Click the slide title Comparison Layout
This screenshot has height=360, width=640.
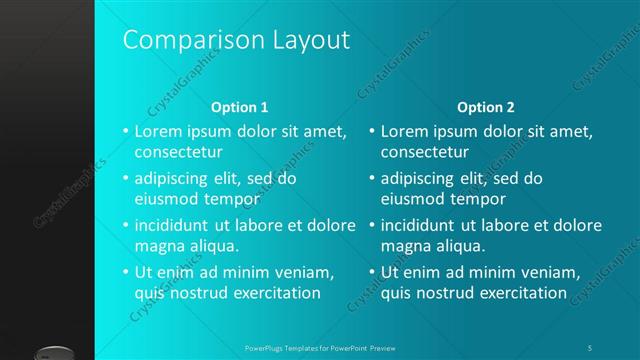(x=236, y=40)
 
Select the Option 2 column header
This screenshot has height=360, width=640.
(x=486, y=107)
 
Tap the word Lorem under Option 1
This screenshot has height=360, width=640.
(x=157, y=131)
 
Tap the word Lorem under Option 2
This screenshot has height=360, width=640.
(x=403, y=131)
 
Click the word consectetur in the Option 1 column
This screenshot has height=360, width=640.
(x=178, y=153)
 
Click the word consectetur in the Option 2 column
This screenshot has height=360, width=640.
(x=424, y=153)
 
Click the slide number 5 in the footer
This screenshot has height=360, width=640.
(x=590, y=348)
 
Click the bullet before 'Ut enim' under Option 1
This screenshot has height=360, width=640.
(x=126, y=272)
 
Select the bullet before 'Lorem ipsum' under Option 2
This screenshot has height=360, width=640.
(x=372, y=131)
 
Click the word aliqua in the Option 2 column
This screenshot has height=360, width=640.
(x=463, y=246)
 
